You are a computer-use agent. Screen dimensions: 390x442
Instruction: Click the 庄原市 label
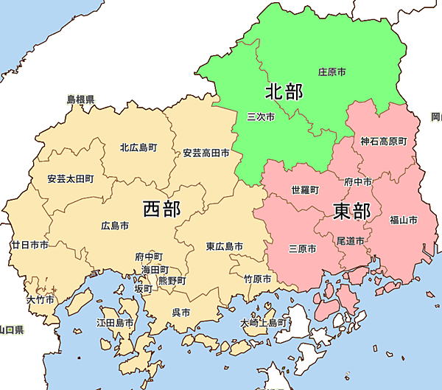(x=332, y=72)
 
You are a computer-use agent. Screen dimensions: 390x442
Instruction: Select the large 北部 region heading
(x=284, y=91)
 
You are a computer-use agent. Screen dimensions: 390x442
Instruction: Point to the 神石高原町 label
(x=383, y=141)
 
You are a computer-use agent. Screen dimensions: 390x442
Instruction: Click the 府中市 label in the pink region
(x=358, y=181)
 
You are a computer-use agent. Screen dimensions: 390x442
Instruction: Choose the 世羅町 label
(x=305, y=189)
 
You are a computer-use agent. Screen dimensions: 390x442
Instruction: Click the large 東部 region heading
(x=351, y=212)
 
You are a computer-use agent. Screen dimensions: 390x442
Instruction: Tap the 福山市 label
(x=404, y=220)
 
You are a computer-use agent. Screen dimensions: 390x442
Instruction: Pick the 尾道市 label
(x=349, y=240)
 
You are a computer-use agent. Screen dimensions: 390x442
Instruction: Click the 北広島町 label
(x=138, y=147)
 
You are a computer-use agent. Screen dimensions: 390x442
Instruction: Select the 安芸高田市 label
(x=206, y=154)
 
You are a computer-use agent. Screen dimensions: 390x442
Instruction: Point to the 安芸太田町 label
(x=70, y=178)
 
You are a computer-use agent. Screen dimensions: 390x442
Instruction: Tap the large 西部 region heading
(x=161, y=209)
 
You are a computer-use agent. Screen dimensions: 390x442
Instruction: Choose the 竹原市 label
(x=257, y=279)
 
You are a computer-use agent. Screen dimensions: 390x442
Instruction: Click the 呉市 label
(x=180, y=313)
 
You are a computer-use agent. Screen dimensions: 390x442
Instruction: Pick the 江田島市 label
(x=115, y=323)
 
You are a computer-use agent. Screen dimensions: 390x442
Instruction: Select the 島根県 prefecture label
(x=80, y=98)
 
